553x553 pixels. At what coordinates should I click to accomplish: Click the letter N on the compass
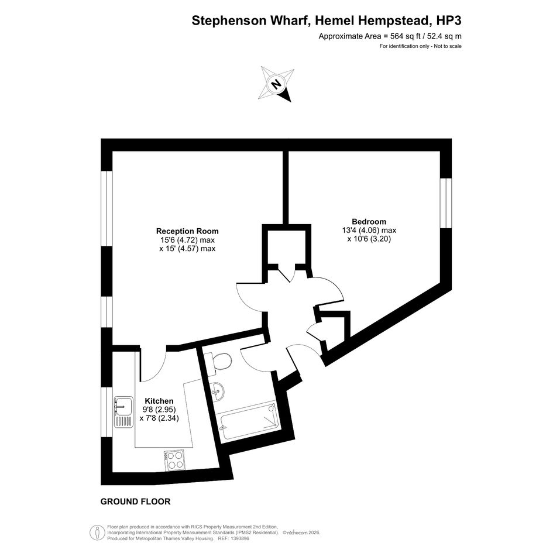(x=276, y=84)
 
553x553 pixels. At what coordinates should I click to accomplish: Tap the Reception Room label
(x=187, y=231)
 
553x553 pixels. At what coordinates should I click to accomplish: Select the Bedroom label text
(x=369, y=221)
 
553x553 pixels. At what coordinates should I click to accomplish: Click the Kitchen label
(x=159, y=401)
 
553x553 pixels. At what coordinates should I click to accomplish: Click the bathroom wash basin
(x=217, y=391)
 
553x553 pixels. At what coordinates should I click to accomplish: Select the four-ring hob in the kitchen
(x=174, y=460)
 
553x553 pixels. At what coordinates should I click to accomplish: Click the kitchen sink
(x=123, y=413)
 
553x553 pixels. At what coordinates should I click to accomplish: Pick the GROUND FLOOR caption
(x=135, y=502)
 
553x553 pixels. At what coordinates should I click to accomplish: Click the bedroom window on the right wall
(x=446, y=203)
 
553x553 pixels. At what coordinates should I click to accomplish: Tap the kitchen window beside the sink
(x=107, y=412)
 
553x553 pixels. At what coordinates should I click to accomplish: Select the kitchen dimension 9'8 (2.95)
(x=159, y=410)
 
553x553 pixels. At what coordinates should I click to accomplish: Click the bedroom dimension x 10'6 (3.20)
(x=369, y=239)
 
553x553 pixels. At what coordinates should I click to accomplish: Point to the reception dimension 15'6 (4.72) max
(x=187, y=240)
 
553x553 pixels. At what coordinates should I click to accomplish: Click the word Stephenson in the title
(x=229, y=21)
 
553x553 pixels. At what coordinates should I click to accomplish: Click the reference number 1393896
(x=239, y=538)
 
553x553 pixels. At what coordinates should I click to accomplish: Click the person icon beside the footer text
(x=97, y=532)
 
